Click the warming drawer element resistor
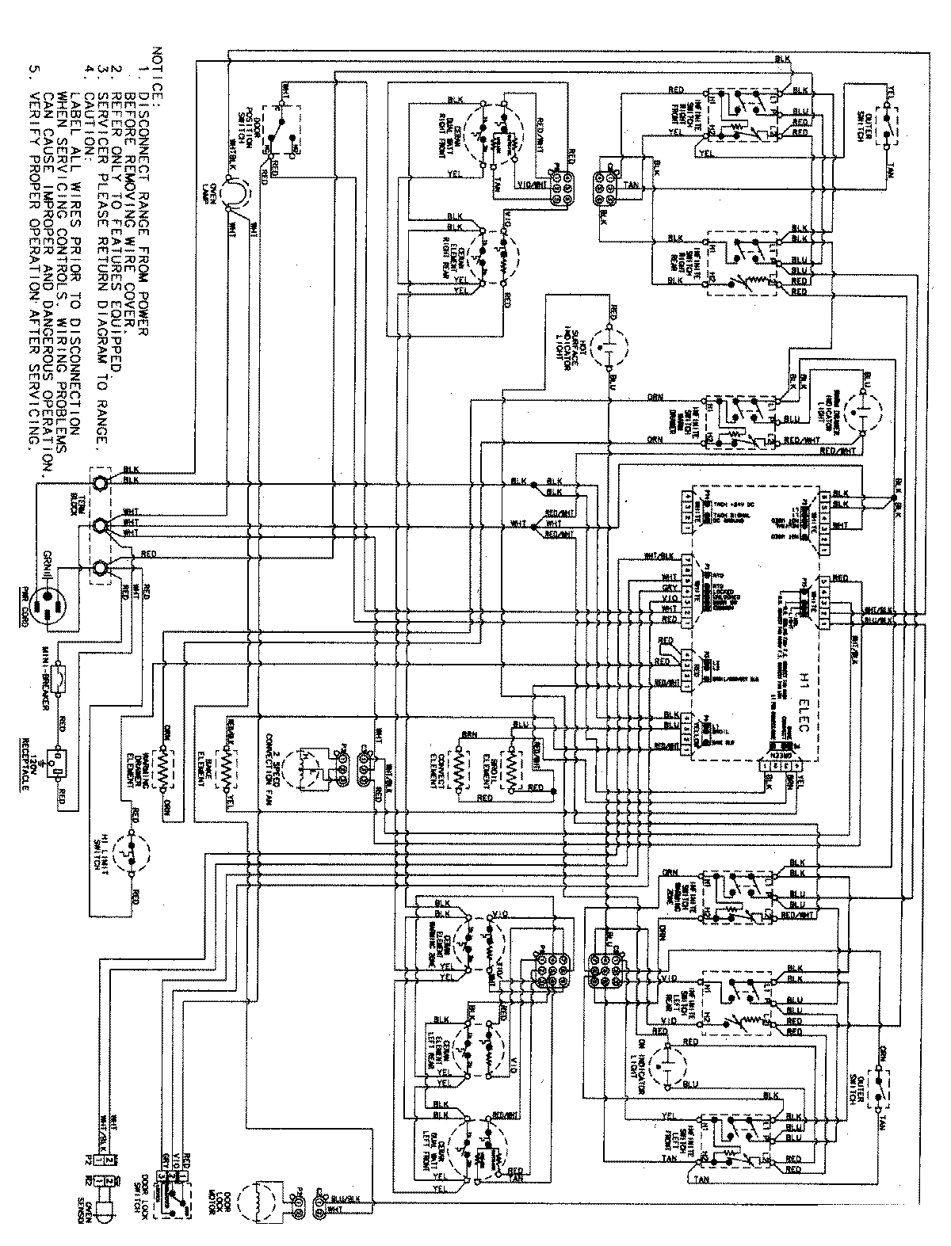165,768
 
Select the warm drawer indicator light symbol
858,412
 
